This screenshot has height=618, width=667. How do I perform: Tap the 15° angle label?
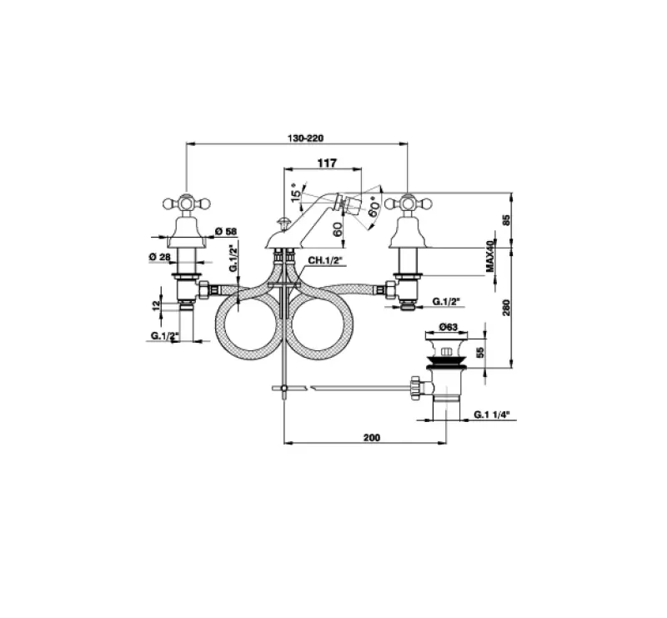(x=294, y=193)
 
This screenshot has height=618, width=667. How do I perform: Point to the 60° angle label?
(x=374, y=206)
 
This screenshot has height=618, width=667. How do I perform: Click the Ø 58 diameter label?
(x=225, y=231)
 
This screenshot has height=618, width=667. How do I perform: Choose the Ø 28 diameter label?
(x=160, y=257)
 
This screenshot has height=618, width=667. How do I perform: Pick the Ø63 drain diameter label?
(x=448, y=328)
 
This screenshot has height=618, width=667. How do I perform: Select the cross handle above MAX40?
(x=408, y=202)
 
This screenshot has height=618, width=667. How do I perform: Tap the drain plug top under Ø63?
(x=447, y=349)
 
